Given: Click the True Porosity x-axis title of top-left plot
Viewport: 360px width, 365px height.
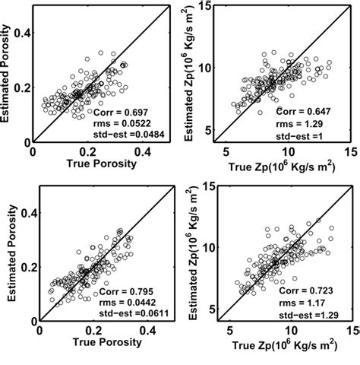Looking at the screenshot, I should [96, 163].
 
